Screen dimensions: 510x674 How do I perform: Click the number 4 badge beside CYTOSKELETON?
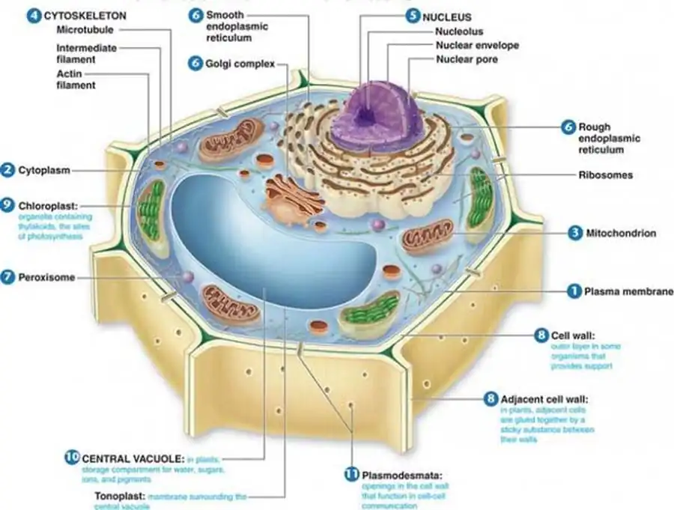34,15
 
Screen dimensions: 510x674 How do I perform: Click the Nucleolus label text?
459,31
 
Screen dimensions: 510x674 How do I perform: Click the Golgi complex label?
240,64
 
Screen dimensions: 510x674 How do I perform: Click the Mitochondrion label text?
621,233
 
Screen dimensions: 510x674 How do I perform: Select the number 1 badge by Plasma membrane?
574,291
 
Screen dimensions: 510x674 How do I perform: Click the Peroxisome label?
46,277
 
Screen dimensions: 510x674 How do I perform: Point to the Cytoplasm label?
43,170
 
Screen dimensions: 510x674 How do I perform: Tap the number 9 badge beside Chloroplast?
8,204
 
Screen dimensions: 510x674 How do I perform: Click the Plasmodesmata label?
402,475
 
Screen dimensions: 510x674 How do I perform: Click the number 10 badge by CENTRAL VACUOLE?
71,456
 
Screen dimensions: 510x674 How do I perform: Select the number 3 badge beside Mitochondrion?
574,233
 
